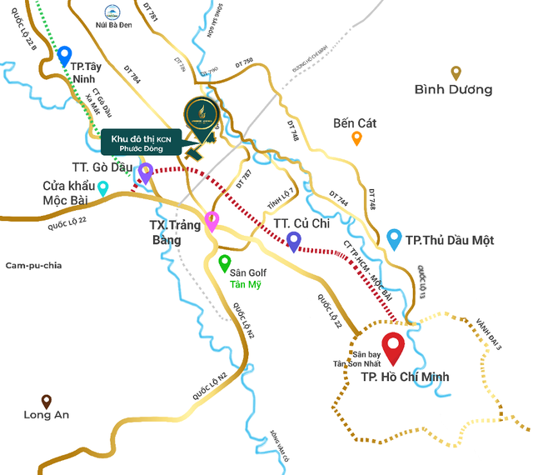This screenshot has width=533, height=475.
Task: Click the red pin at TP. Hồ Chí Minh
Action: click(x=392, y=345)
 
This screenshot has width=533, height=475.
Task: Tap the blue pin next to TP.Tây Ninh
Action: click(x=64, y=56)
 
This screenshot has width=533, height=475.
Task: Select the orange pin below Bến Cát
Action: click(x=356, y=138)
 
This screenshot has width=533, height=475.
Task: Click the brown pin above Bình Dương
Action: click(x=456, y=73)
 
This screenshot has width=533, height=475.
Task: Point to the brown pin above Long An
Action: click(x=47, y=401)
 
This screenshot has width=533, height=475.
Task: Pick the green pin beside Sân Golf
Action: click(x=224, y=263)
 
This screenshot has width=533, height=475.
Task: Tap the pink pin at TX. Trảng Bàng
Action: click(x=212, y=221)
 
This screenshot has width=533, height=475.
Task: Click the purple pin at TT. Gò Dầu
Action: click(x=146, y=172)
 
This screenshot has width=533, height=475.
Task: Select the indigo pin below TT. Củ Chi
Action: click(x=293, y=241)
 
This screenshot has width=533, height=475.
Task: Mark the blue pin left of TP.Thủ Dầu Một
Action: click(x=395, y=239)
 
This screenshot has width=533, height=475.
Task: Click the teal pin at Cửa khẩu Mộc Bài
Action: click(x=102, y=188)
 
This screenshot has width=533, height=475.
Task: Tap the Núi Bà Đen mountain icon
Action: click(x=111, y=13)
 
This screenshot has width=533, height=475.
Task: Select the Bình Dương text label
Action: click(x=453, y=90)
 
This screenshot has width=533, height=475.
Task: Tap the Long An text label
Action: click(x=47, y=415)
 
